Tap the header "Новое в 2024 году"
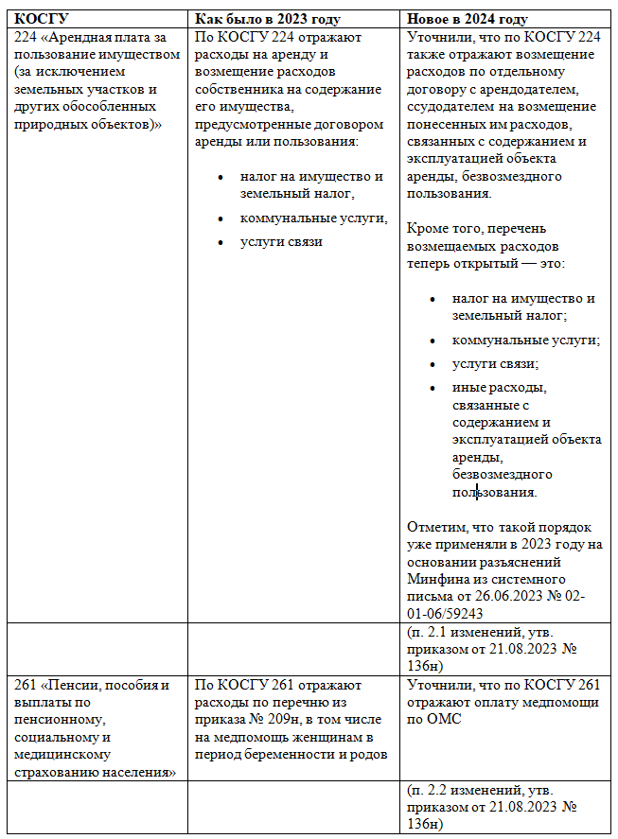[x=468, y=20]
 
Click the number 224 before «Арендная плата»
[x=29, y=38]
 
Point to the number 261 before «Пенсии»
[x=29, y=685]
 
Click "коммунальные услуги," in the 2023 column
[x=313, y=218]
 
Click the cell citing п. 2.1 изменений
[x=492, y=649]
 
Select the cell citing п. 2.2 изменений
[x=492, y=805]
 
